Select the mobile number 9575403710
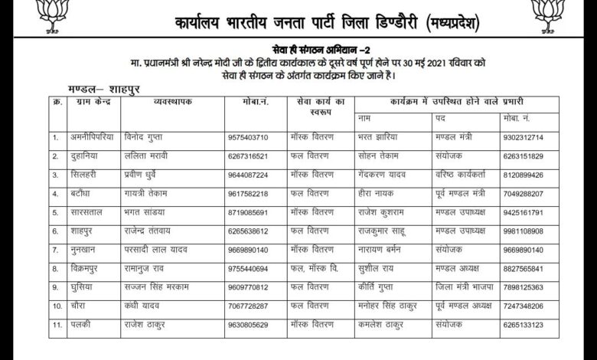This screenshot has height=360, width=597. (x=247, y=138)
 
